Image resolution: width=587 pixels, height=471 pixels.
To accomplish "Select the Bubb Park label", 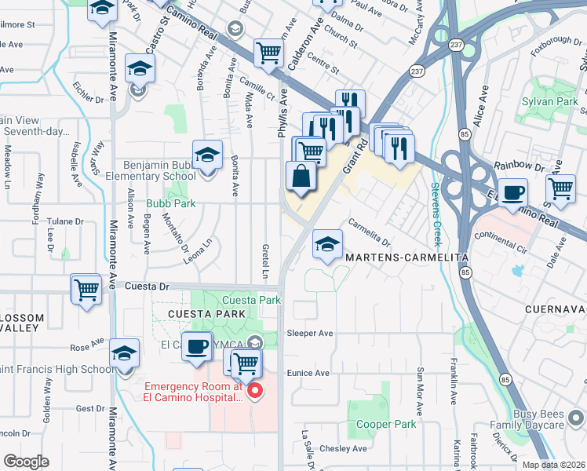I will click(x=170, y=203).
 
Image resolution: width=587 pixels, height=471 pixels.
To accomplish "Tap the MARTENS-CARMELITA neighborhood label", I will click(x=403, y=257).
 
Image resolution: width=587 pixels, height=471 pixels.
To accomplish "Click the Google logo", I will click(x=26, y=462).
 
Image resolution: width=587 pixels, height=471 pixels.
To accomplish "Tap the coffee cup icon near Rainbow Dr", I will click(x=513, y=193).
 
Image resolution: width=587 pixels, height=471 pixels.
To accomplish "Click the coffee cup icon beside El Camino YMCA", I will click(x=197, y=346).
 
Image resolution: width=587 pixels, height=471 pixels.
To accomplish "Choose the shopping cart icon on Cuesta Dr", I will click(x=86, y=289).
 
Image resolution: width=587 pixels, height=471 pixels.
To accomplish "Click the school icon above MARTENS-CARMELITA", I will click(x=327, y=244).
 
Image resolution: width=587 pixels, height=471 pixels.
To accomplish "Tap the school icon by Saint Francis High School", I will click(x=125, y=353).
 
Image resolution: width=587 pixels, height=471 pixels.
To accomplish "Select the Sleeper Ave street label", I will click(x=309, y=333).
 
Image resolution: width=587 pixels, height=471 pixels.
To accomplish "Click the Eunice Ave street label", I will click(x=308, y=373).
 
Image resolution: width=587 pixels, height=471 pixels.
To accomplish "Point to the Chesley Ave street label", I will click(x=348, y=449).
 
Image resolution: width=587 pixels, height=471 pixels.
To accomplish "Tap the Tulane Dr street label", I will click(x=64, y=221).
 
